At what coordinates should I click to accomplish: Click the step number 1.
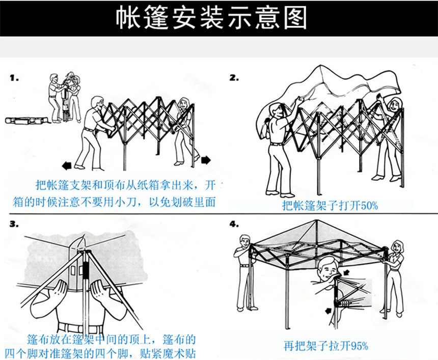pyautogui.click(x=14, y=79)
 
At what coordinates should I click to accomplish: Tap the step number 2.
pyautogui.click(x=234, y=78)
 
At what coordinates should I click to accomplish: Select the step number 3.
pyautogui.click(x=14, y=224)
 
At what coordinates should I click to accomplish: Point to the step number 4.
pyautogui.click(x=234, y=224)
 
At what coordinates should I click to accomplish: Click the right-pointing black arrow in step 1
pyautogui.click(x=205, y=160)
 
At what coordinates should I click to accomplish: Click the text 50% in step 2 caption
pyautogui.click(x=367, y=206)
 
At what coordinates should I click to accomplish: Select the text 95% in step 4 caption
pyautogui.click(x=358, y=346)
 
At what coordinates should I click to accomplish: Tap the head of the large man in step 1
pyautogui.click(x=97, y=103)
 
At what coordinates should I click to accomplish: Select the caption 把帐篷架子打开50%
pyautogui.click(x=330, y=206)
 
